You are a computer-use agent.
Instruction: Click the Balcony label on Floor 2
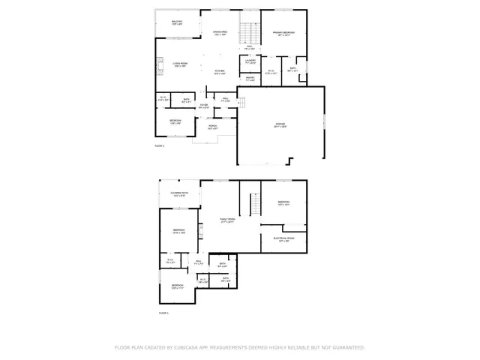(177, 22)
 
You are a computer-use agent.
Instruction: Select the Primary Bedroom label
(283, 34)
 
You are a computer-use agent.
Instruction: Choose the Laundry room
(250, 63)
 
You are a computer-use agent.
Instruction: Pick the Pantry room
(249, 79)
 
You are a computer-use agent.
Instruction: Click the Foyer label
(203, 106)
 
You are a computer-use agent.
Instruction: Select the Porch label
(213, 127)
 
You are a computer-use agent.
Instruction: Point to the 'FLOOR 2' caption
(159, 145)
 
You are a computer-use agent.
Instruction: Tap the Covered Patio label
(179, 194)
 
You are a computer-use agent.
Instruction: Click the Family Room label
(226, 220)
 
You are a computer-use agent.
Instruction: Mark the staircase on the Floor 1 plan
(253, 202)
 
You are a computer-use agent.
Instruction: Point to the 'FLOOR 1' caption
(163, 313)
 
